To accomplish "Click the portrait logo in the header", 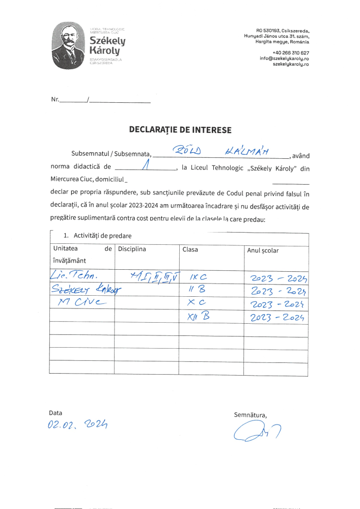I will coord(69,45).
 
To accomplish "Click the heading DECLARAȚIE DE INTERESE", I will coord(180,130).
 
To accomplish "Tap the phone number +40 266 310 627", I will coord(291,53).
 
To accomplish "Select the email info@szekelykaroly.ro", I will coord(284,59).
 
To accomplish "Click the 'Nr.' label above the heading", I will coord(55,99).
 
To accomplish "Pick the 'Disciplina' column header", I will coord(132,249).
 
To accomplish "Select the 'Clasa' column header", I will coord(190,249).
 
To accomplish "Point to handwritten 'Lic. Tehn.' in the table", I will coord(73,276).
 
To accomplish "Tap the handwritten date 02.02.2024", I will coord(79,425).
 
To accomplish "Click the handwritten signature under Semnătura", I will coord(257,433).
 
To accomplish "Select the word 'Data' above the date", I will coord(55,413).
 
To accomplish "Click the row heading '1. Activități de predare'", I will coord(97,236).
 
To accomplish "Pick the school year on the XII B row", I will coord(277,318).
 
